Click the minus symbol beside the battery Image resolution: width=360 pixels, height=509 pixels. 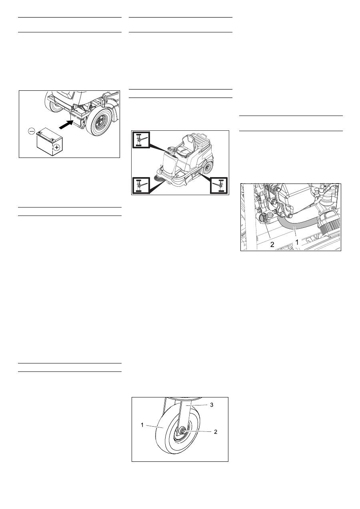tap(32, 131)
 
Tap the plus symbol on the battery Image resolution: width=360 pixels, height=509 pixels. tap(56, 148)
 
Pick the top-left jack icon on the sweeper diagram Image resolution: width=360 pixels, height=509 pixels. tap(141, 140)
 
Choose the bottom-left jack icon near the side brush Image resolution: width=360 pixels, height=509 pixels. tap(141, 186)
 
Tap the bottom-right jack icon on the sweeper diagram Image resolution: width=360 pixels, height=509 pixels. tap(219, 186)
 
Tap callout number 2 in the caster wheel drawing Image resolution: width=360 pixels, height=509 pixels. tap(216, 432)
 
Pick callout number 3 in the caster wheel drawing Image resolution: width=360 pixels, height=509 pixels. tap(212, 405)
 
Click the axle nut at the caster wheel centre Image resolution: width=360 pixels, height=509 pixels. tap(182, 431)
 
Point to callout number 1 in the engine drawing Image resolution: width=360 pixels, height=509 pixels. tap(296, 242)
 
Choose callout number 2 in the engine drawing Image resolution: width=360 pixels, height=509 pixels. tap(272, 244)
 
